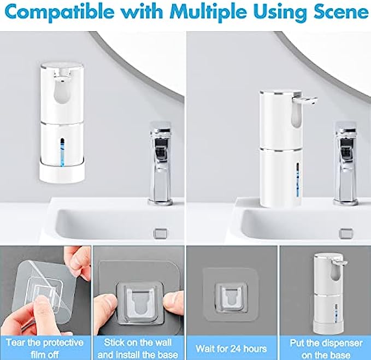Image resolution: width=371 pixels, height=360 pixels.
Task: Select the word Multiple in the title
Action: click(208, 12)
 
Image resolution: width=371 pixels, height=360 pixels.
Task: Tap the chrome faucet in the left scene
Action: click(161, 163)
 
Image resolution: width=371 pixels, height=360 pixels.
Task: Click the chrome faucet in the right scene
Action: click(345, 163)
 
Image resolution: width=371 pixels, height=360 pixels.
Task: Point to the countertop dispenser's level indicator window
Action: click(298, 180)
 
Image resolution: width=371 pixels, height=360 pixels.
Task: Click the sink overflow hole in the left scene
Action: click(160, 233)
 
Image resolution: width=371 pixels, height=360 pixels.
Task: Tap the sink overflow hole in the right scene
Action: click(345, 233)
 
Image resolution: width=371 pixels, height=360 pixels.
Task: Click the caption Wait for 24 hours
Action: click(231, 349)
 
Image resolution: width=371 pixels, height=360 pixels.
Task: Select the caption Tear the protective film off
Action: click(45, 349)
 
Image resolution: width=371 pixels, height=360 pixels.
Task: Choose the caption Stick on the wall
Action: click(138, 343)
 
